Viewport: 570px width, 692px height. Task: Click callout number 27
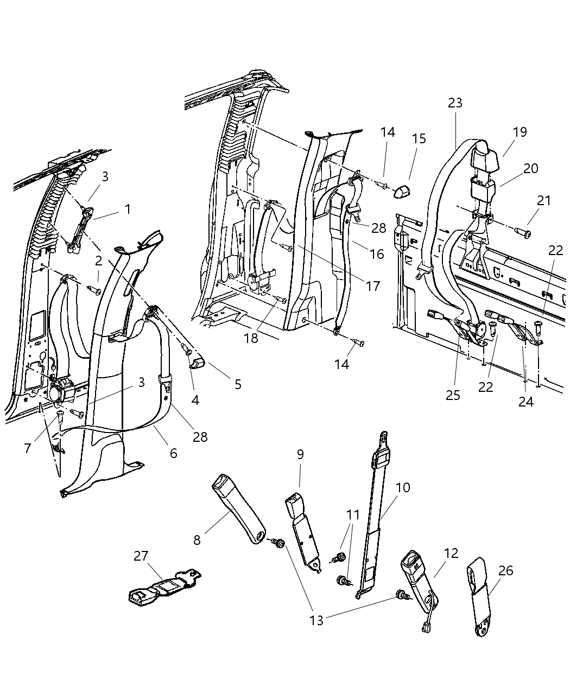[x=141, y=556]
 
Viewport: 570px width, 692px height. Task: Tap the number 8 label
[x=197, y=539]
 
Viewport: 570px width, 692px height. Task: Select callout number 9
[x=300, y=455]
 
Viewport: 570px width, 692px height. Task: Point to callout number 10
[x=402, y=487]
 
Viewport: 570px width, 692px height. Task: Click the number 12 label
[x=451, y=554]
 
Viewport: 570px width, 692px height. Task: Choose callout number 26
[x=505, y=570]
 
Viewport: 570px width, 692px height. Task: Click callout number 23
[x=455, y=103]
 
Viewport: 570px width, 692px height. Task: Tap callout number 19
[x=520, y=132]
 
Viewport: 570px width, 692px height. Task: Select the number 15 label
[x=419, y=139]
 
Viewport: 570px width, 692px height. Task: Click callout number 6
[x=173, y=453]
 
